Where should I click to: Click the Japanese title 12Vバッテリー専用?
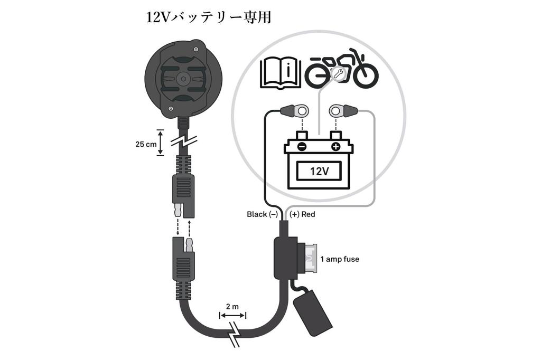tap(209, 17)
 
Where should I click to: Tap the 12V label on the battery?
tap(319, 171)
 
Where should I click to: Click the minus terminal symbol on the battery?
tap(301, 147)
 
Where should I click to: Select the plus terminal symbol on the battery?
tap(335, 147)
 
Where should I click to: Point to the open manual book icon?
tap(279, 73)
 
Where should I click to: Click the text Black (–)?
tap(262, 214)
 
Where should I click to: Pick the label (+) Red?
tap(303, 214)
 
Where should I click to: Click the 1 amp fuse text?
tap(340, 259)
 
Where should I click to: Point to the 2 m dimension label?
tap(232, 306)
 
